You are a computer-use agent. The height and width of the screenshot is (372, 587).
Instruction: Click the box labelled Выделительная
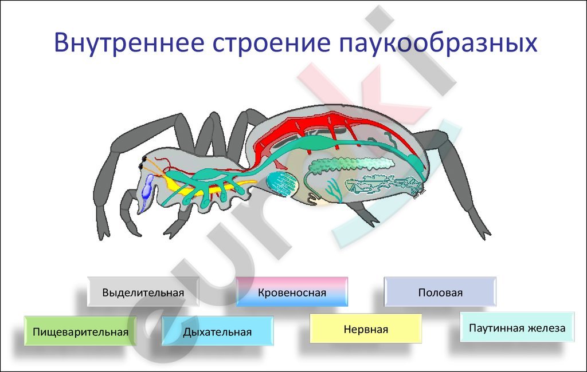click(143, 292)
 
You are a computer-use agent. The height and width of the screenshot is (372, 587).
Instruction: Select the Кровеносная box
click(292, 292)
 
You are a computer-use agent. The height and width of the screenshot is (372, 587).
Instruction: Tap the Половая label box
click(440, 292)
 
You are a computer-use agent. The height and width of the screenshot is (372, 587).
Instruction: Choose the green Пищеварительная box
click(80, 331)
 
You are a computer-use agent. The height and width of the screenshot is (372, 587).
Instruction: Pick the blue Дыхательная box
click(217, 331)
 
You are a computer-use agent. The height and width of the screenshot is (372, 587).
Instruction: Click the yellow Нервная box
click(366, 329)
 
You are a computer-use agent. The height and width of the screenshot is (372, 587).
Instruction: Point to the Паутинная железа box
click(517, 327)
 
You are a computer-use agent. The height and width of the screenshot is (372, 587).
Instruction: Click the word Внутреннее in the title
click(129, 42)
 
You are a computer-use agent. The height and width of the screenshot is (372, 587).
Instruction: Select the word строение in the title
click(272, 43)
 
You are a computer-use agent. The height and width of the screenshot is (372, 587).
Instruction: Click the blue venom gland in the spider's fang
click(146, 191)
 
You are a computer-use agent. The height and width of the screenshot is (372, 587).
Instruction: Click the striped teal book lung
click(282, 184)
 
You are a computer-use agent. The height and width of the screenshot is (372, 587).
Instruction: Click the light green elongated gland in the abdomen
click(352, 164)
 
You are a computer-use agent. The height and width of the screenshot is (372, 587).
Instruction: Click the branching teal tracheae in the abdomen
click(333, 189)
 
